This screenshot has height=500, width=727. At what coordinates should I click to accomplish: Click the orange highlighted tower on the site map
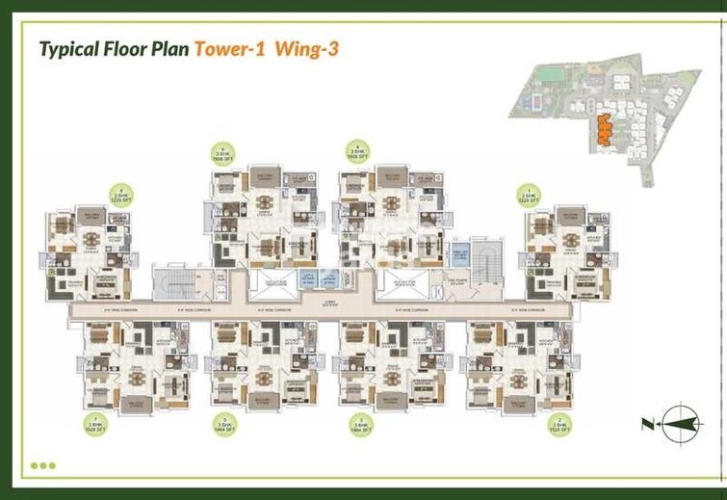click(604, 129)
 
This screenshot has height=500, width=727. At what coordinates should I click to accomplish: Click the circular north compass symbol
click(679, 423)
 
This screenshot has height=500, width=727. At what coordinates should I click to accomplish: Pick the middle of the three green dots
click(42, 465)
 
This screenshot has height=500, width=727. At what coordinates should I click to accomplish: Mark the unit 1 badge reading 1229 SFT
click(529, 196)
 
